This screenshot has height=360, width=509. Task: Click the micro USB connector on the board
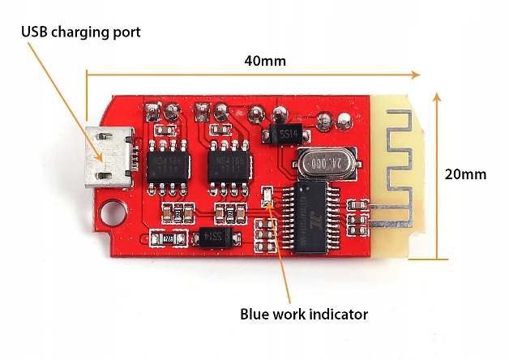(106, 155)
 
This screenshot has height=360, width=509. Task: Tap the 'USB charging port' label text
(81, 32)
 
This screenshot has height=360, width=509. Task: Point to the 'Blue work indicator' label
(304, 314)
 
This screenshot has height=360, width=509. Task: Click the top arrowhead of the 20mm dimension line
(438, 96)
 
